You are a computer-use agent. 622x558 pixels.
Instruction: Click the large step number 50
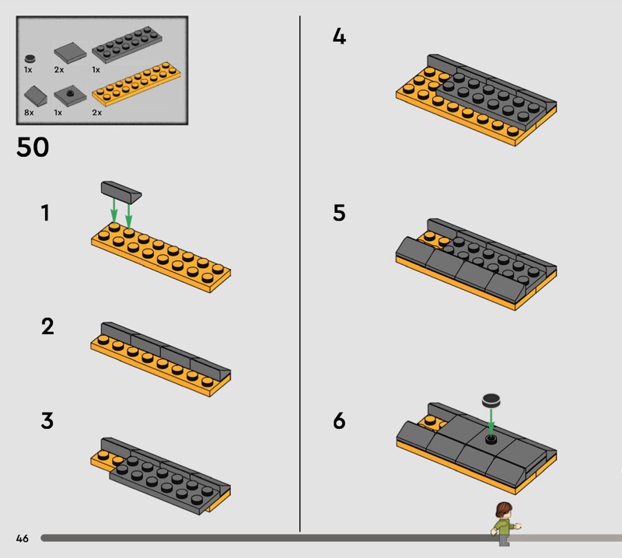(33, 147)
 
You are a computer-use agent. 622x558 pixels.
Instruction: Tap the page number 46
(23, 538)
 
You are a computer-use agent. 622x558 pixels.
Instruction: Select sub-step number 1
(45, 213)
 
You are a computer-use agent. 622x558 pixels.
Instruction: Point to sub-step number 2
(47, 326)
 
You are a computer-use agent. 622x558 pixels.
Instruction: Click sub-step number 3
(47, 420)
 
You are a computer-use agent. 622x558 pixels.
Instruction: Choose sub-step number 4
(339, 37)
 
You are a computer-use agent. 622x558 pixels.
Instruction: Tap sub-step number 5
(339, 213)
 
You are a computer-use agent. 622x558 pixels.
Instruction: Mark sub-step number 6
(339, 420)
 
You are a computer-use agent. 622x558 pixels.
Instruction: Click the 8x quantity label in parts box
(29, 113)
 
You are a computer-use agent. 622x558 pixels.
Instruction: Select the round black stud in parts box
(30, 59)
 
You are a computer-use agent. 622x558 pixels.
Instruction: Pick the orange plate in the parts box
(137, 84)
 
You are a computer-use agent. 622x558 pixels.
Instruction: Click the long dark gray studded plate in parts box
(127, 44)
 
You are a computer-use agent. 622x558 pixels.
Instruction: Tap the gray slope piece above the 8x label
(35, 96)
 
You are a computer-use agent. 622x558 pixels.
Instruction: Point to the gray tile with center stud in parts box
(70, 96)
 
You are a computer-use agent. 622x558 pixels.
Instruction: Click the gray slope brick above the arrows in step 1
(121, 192)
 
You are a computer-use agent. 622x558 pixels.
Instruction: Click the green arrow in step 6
(491, 421)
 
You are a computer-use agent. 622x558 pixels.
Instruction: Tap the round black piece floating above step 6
(491, 401)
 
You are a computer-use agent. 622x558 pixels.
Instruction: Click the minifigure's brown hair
(503, 510)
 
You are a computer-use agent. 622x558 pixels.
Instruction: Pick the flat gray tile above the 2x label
(70, 53)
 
